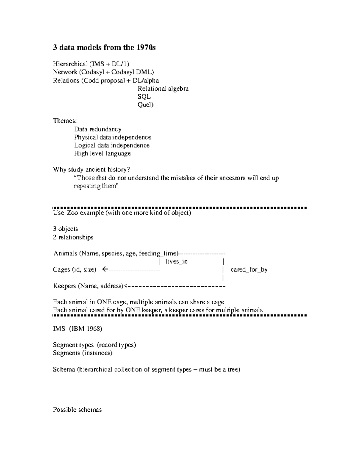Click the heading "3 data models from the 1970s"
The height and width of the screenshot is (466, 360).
pos(104,47)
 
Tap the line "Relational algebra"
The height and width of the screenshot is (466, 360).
pos(163,89)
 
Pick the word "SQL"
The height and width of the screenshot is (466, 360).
pos(144,97)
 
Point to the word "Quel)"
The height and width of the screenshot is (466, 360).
pos(145,105)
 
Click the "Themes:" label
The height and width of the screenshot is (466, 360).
pos(65,121)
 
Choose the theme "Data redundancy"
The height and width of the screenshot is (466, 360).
pos(98,129)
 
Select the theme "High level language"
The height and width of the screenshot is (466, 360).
pos(103,154)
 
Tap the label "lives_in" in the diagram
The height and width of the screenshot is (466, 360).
pos(176,262)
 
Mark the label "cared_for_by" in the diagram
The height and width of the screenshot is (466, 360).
pos(249,269)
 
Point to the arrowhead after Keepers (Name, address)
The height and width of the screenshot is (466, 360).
pos(126,286)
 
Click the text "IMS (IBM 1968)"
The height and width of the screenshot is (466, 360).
pos(78,329)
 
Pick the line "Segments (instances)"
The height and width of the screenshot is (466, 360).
pos(82,353)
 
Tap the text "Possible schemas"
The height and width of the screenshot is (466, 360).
pos(77,410)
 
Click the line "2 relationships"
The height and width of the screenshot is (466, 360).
pos(73,237)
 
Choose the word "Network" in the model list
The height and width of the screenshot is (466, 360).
pos(65,72)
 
